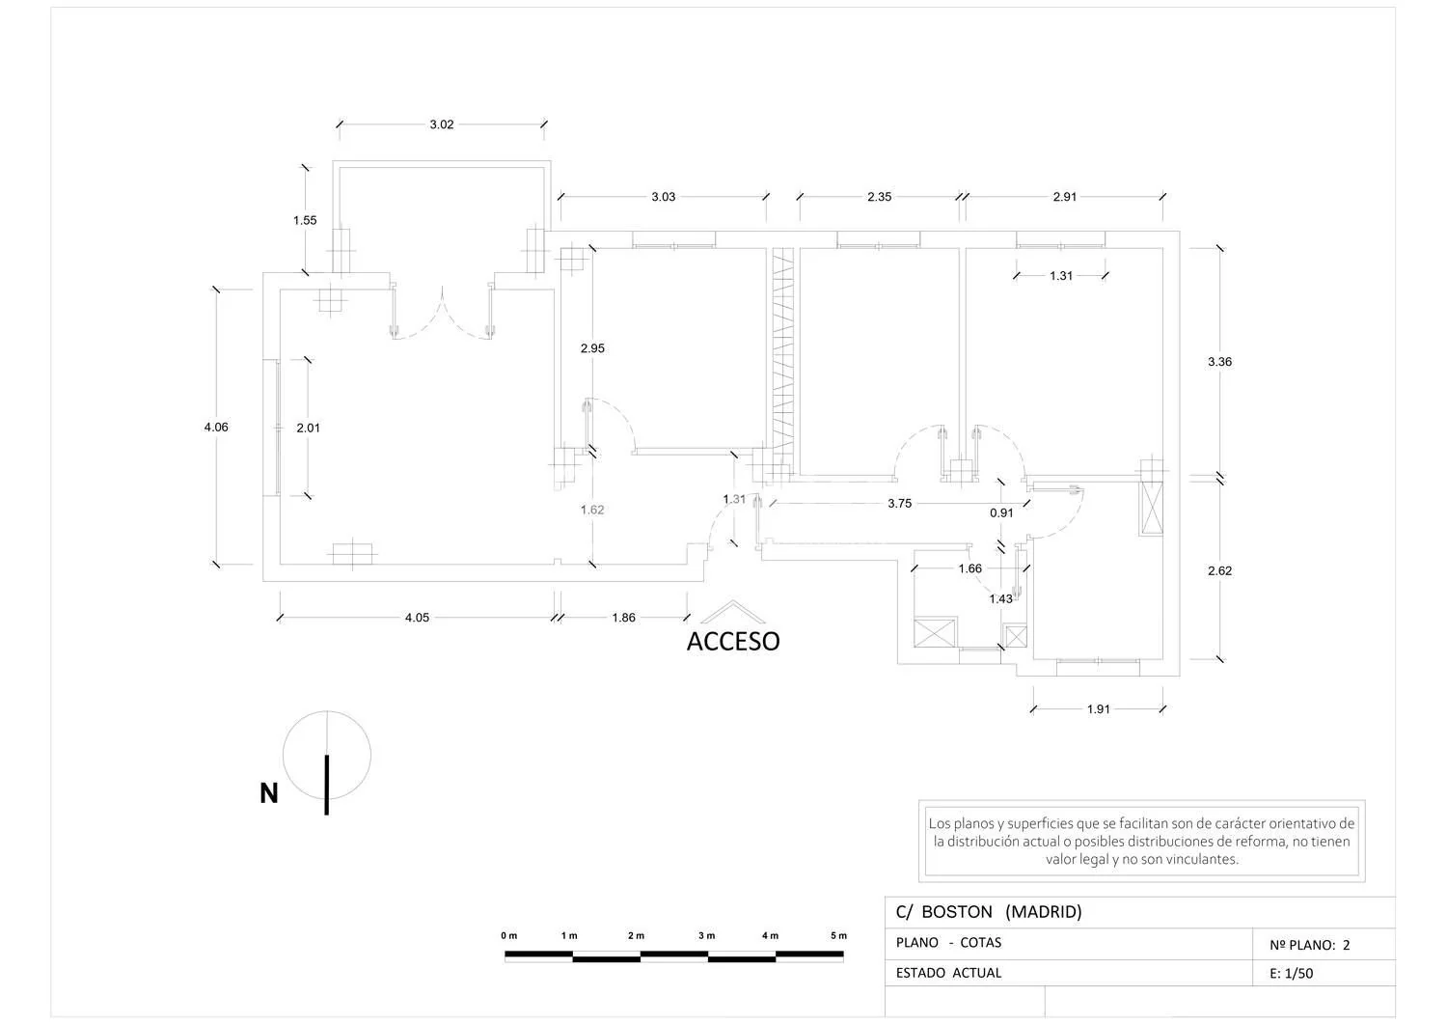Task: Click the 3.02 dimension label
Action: pos(442,125)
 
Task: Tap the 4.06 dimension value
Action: pos(216,427)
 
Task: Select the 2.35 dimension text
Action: pos(879,197)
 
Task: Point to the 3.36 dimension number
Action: pos(1219,361)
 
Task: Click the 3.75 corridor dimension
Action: pos(899,503)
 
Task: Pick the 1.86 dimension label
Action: pos(623,618)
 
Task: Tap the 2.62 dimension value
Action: pos(1219,570)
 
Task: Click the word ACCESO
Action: pos(733,641)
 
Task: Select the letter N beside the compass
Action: pos(269,793)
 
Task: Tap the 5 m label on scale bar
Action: pos(838,935)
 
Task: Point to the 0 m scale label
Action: pos(509,935)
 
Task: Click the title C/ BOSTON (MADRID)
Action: pos(989,911)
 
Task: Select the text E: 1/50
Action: pos(1292,974)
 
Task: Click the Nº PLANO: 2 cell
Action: pos(1309,945)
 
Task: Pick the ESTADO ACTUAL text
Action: pos(948,973)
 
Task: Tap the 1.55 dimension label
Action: pos(305,220)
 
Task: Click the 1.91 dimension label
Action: pos(1098,709)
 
